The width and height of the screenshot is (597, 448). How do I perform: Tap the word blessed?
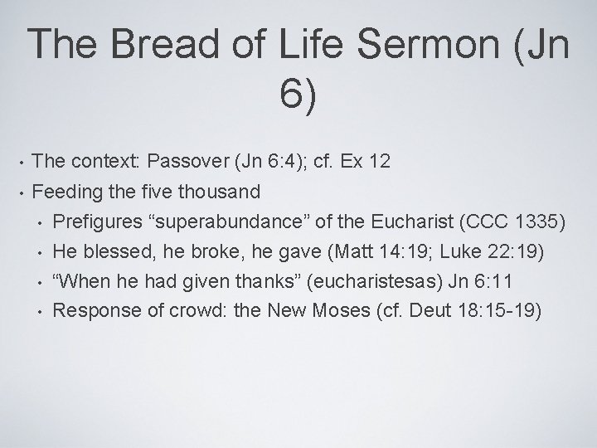coord(114,251)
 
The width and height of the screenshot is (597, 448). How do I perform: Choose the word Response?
coord(91,311)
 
